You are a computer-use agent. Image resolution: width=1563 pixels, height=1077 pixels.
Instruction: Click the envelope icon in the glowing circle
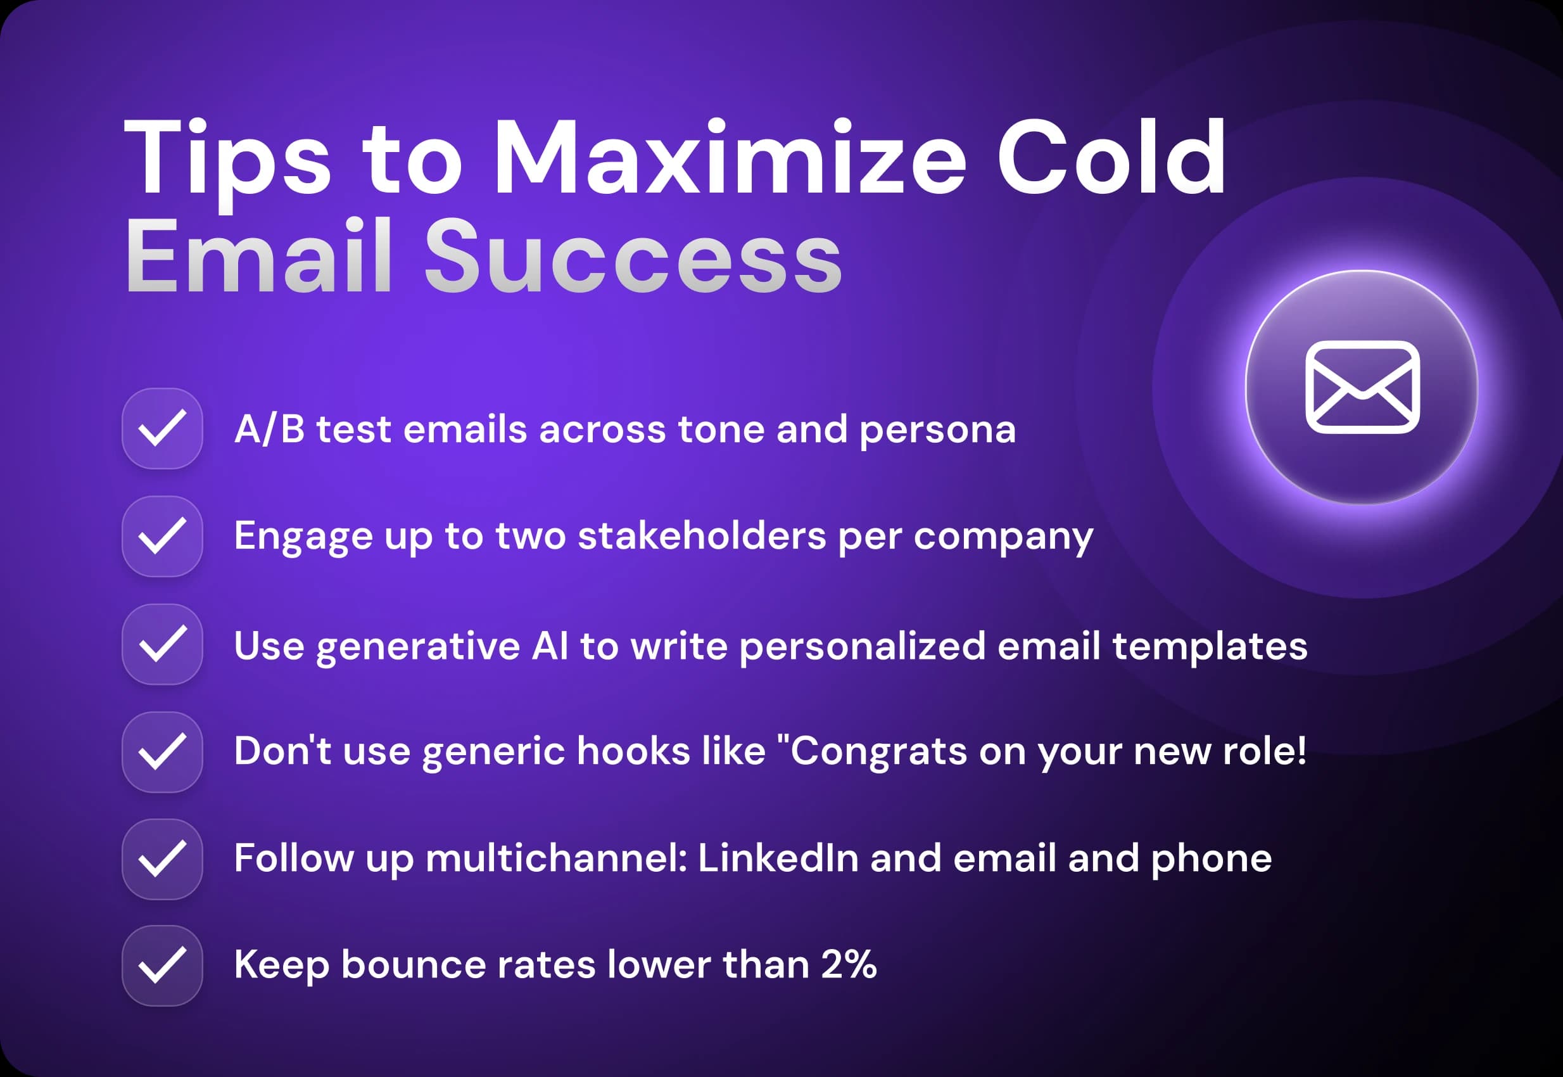1362,386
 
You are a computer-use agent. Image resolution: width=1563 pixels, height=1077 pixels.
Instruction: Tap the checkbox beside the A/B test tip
162,428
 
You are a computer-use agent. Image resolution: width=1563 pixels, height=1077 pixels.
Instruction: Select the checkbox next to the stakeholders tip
162,537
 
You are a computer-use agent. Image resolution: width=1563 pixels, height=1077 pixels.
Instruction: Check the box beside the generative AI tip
162,644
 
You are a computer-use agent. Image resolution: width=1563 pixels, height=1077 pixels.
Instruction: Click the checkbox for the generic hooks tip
162,752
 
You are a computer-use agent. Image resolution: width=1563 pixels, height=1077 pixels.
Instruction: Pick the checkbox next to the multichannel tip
162,859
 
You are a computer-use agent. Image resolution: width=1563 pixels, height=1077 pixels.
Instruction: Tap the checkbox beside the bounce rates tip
162,965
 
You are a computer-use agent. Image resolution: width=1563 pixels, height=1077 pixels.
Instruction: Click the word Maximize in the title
730,158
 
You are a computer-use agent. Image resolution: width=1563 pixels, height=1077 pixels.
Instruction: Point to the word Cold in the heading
1111,158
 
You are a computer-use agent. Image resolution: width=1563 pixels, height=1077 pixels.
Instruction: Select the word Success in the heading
633,258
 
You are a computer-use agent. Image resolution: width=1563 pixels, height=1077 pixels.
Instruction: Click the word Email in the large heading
258,258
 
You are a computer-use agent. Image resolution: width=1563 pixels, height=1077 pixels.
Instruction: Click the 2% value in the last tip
849,964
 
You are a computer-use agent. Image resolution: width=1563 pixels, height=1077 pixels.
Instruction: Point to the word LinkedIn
778,858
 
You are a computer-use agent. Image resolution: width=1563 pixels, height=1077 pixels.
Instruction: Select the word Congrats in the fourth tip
879,751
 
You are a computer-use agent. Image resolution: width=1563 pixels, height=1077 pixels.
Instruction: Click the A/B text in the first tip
269,429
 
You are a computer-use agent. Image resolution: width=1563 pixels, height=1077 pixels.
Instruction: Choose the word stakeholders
702,537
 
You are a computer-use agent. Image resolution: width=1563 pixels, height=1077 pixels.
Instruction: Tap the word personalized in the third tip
863,646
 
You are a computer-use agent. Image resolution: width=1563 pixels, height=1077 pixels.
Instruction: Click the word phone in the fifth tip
1211,859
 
